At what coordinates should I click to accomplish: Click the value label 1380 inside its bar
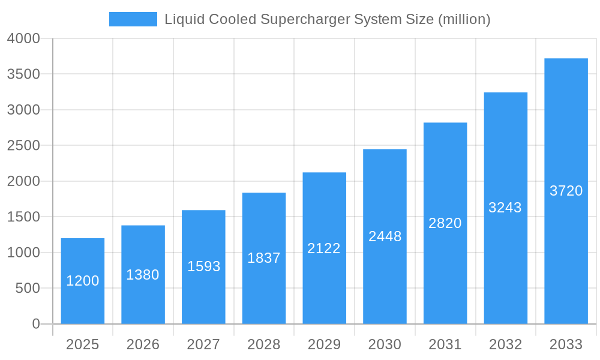pos(143,275)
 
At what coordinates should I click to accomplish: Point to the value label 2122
pos(324,248)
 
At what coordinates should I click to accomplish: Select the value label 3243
pos(505,208)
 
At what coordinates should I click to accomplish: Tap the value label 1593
pos(203,266)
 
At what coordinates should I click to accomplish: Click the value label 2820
pos(445,223)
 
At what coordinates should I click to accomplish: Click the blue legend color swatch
pos(133,19)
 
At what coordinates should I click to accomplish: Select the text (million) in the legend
pos(464,19)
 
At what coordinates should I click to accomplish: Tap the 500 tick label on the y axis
pos(28,289)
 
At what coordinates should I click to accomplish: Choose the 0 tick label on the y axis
pos(35,324)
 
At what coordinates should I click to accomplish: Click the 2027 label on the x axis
pos(203,344)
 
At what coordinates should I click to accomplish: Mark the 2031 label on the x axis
pos(445,344)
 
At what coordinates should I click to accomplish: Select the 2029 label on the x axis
pos(324,344)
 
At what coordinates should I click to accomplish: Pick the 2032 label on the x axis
pos(505,344)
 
